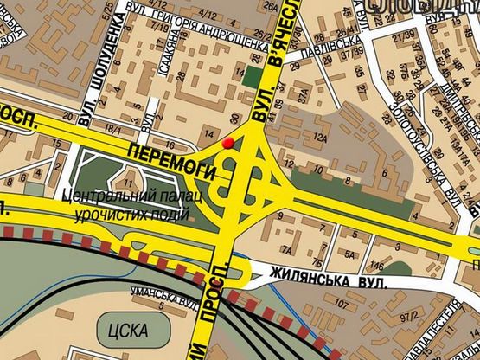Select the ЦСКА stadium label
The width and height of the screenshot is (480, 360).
[129, 330]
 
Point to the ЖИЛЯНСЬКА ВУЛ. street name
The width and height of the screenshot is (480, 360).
[327, 280]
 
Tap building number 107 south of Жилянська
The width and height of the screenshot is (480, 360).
[342, 305]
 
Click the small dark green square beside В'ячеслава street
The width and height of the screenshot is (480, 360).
[251, 75]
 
